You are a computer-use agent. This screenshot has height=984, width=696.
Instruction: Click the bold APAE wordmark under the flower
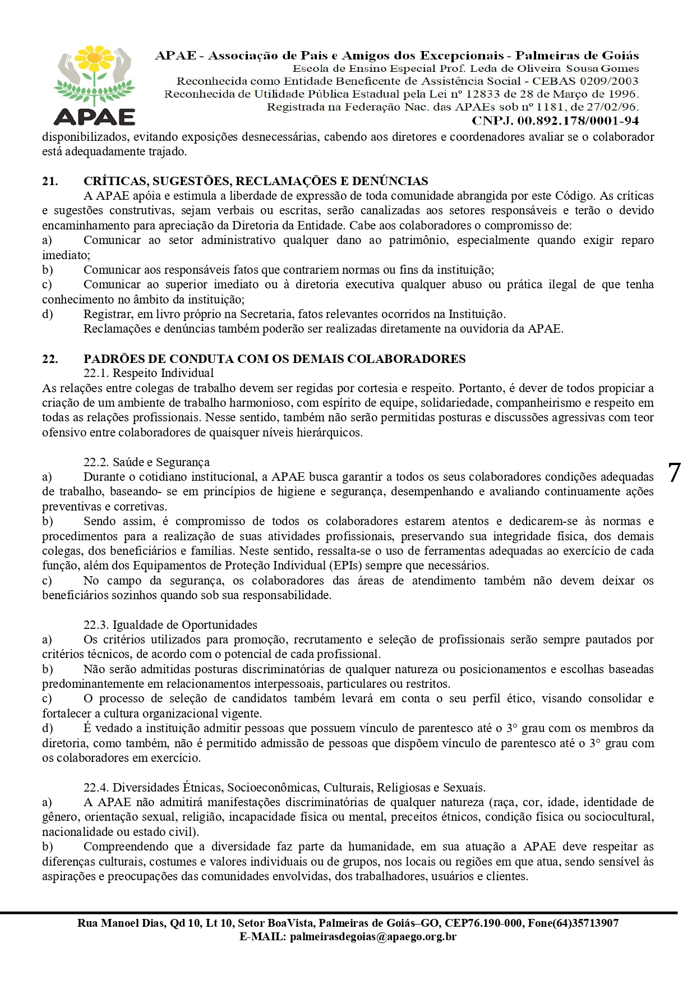pyautogui.click(x=94, y=116)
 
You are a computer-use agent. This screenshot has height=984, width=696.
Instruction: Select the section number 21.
pyautogui.click(x=50, y=181)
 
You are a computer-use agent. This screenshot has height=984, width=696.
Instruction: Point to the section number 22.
pyautogui.click(x=50, y=359)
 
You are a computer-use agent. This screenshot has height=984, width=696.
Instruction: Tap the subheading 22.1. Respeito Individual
pyautogui.click(x=149, y=373)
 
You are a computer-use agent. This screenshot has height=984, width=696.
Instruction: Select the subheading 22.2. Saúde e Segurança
pyautogui.click(x=146, y=462)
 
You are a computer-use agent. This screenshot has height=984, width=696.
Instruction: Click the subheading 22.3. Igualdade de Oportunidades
pyautogui.click(x=170, y=625)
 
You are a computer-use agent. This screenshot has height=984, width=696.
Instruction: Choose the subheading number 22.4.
pyautogui.click(x=96, y=788)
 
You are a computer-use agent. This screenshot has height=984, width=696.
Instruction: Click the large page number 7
pyautogui.click(x=674, y=472)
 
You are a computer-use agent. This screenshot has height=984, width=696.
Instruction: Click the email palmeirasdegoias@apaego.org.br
pyautogui.click(x=373, y=937)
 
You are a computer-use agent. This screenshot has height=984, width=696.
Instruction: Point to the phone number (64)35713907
pyautogui.click(x=586, y=923)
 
